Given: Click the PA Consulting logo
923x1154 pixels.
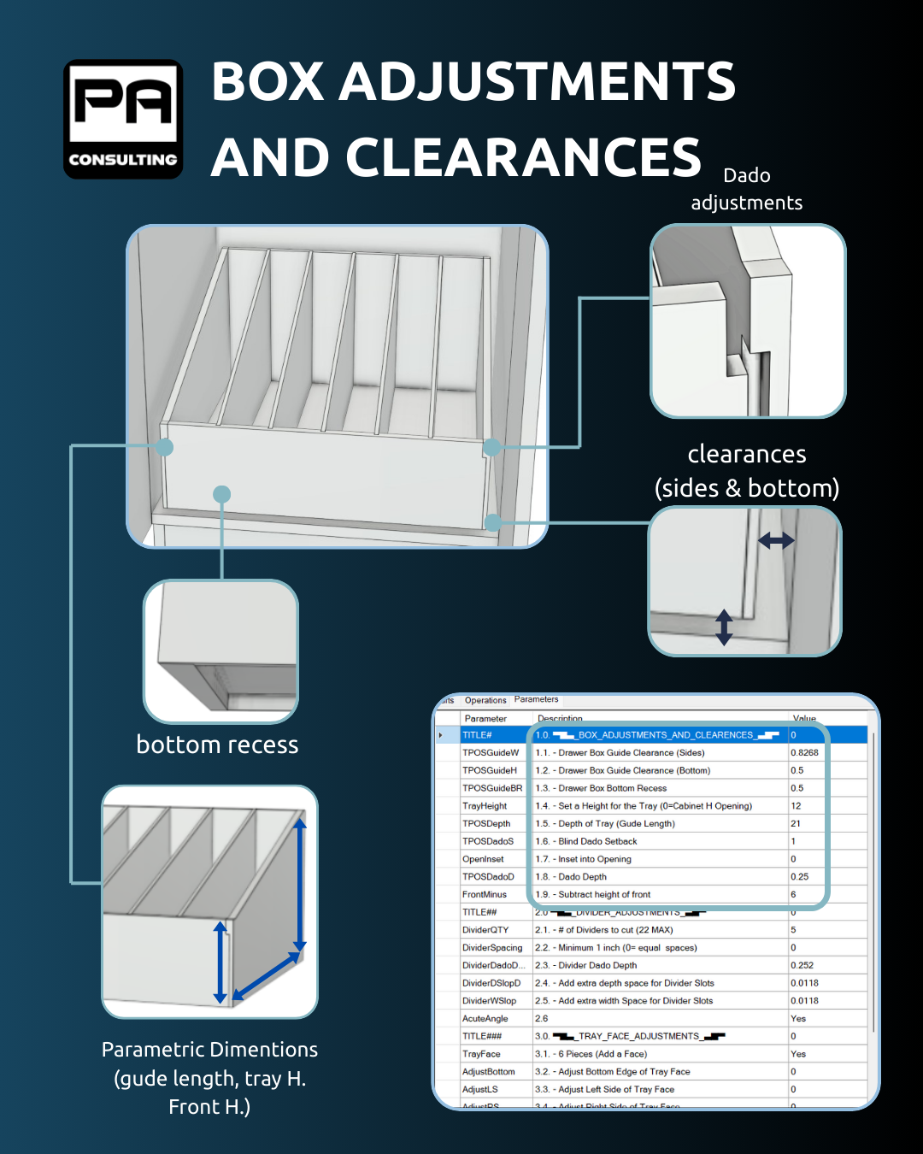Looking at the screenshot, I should pyautogui.click(x=123, y=119).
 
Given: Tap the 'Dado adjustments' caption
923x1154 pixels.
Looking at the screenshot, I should pyautogui.click(x=746, y=189).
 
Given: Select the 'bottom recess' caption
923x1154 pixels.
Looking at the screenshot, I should pyautogui.click(x=217, y=745).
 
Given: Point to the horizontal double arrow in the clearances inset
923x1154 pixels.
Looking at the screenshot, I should pyautogui.click(x=776, y=540).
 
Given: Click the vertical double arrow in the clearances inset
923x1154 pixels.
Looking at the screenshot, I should pyautogui.click(x=724, y=627).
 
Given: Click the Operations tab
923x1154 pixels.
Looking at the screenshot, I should pyautogui.click(x=485, y=700).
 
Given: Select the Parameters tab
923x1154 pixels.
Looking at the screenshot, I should pyautogui.click(x=536, y=699).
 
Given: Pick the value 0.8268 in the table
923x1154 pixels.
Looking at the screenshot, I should pyautogui.click(x=804, y=753).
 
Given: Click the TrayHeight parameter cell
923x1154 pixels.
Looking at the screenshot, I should pyautogui.click(x=485, y=806).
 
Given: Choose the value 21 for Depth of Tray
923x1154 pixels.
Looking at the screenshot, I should pyautogui.click(x=796, y=824).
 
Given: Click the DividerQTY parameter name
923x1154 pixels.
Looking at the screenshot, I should pyautogui.click(x=485, y=930).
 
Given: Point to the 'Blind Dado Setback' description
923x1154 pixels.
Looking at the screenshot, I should pyautogui.click(x=597, y=842).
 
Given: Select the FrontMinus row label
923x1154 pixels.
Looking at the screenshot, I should pyautogui.click(x=485, y=895).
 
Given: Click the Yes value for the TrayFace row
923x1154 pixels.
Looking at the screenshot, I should pyautogui.click(x=798, y=1054).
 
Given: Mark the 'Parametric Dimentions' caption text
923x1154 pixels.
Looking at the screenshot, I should pyautogui.click(x=209, y=1050).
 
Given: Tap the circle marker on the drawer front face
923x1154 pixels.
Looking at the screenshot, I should pyautogui.click(x=222, y=494).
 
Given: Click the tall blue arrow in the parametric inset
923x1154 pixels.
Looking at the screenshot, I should pyautogui.click(x=300, y=886).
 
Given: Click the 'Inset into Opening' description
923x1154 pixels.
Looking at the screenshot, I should pyautogui.click(x=594, y=859).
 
